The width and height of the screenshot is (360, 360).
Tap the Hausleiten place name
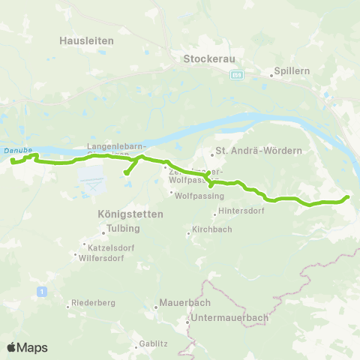(86, 41)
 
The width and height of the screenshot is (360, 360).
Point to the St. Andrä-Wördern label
(258, 151)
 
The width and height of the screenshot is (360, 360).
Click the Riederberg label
(92, 304)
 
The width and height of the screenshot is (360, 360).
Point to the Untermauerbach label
(229, 318)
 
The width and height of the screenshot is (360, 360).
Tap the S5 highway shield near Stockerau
(237, 76)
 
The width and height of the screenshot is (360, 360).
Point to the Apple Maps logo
(27, 347)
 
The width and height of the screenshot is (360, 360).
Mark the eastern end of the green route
(348, 197)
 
